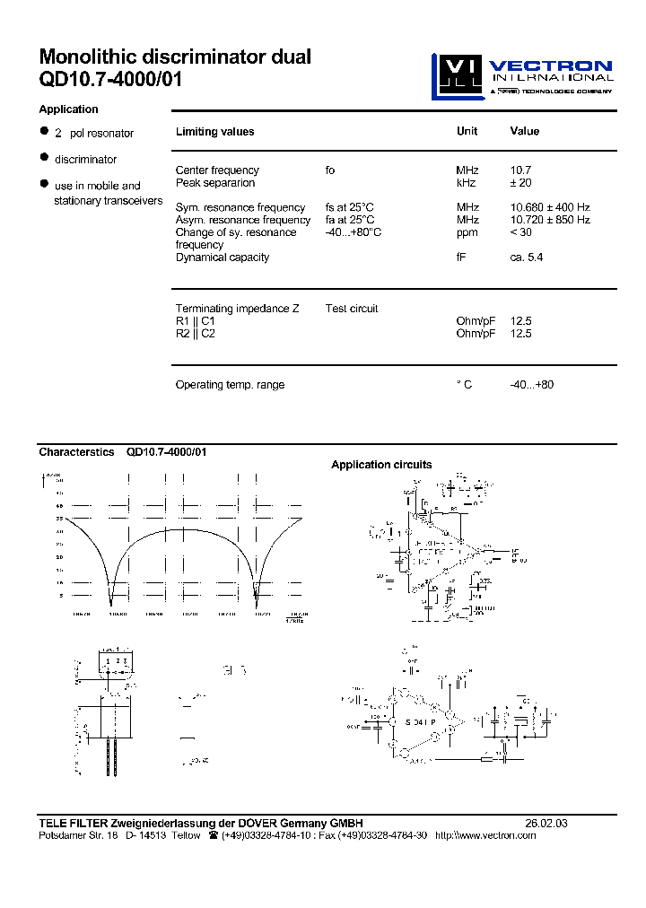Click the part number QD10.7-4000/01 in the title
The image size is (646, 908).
coord(111,80)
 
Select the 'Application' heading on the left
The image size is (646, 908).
coord(68,109)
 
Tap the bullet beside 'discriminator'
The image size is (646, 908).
coord(43,158)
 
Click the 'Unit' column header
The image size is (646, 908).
coord(467,131)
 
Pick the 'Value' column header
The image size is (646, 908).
coord(524,131)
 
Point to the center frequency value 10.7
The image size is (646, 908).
coord(521,170)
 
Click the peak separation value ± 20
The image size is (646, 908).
coord(525,183)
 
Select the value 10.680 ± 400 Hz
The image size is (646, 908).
coord(550,207)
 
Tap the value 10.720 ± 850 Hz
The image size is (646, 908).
coord(550,220)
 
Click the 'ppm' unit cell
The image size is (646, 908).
coord(467,232)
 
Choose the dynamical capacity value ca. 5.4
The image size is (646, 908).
coord(527,258)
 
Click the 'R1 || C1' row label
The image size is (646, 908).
coord(196,321)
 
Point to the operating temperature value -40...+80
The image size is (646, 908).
coord(532,385)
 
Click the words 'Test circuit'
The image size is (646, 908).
coord(352,309)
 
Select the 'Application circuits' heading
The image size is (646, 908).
coord(381,465)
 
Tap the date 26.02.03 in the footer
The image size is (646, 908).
coord(546,823)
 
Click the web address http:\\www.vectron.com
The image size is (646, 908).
coord(484,835)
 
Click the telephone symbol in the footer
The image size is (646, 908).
coord(213,835)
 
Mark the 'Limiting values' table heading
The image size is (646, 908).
coord(214,132)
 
